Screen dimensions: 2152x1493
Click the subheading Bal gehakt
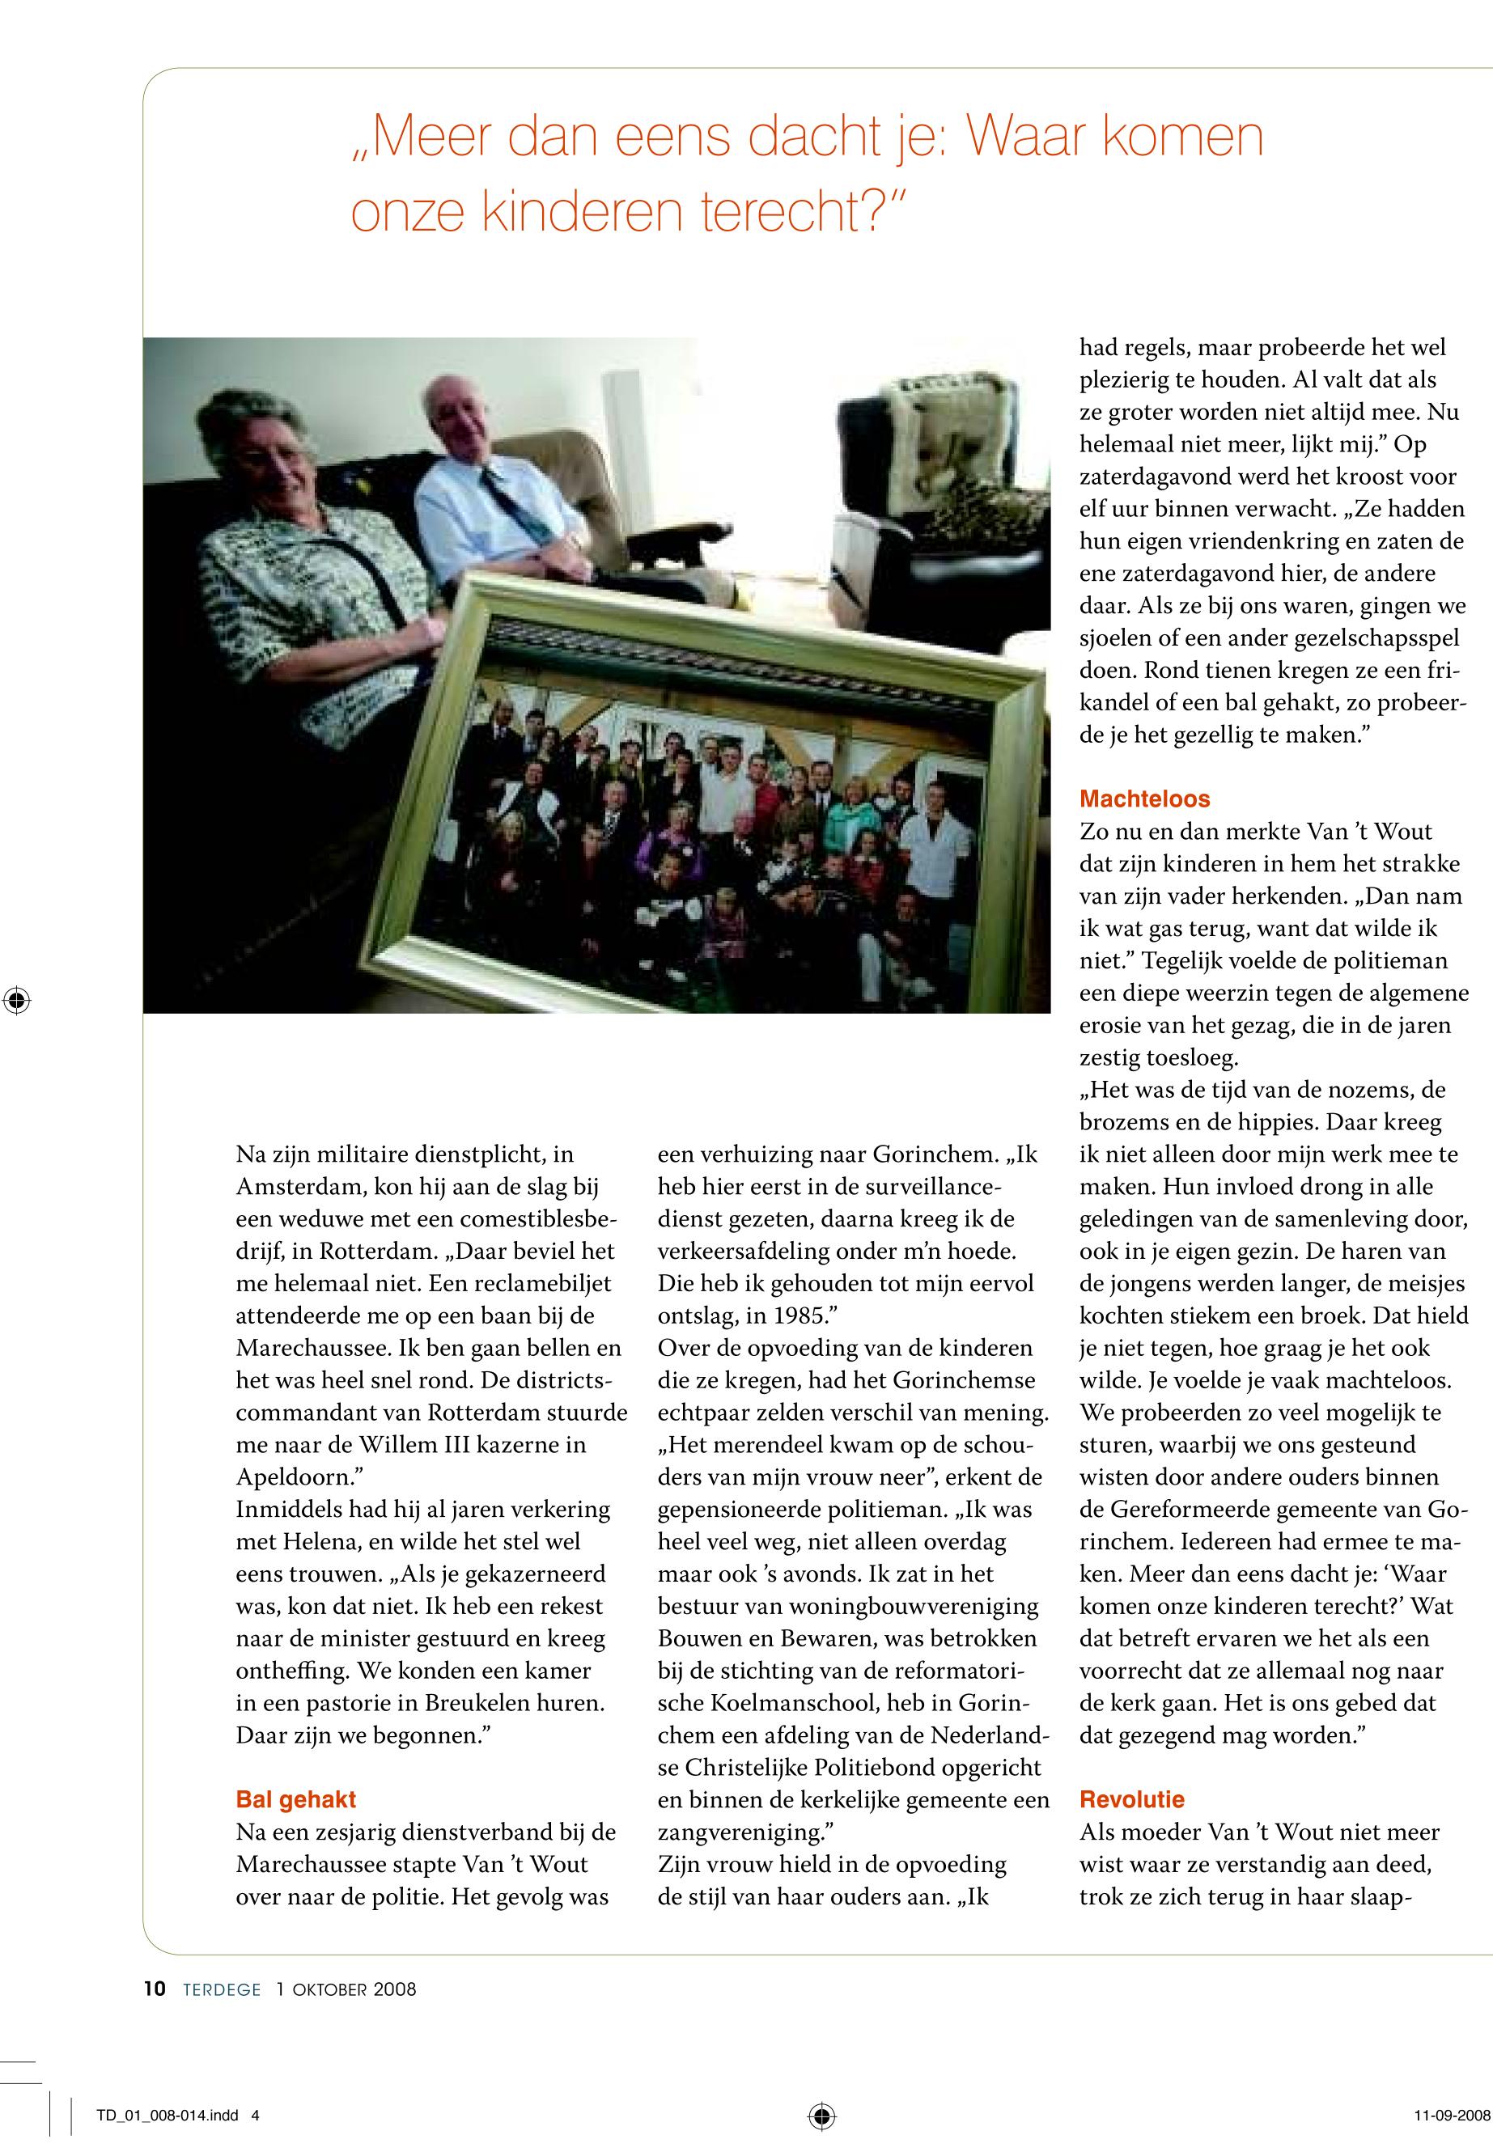click(295, 1798)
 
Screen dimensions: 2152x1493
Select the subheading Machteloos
click(1144, 799)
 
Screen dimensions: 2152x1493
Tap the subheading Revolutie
click(1132, 1798)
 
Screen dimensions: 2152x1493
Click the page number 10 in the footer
click(155, 1989)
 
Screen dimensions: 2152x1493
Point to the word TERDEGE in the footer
click(222, 1990)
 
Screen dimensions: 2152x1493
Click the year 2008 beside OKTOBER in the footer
click(395, 1990)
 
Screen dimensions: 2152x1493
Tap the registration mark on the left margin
click(17, 1000)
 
